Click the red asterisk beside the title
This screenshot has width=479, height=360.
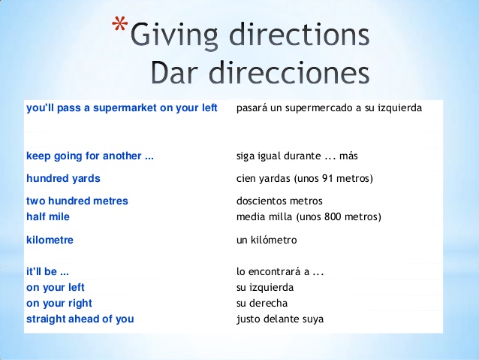point(119,23)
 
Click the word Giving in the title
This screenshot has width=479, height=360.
point(174,36)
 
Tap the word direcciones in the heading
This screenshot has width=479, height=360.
point(289,73)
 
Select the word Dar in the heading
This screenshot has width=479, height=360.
point(176,73)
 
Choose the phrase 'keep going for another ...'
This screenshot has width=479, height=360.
point(90,156)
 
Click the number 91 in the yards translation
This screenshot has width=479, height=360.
point(327,178)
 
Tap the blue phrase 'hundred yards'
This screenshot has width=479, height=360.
point(63,178)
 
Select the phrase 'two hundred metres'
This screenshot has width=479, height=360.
point(77,201)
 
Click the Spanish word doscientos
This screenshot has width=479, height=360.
point(261,201)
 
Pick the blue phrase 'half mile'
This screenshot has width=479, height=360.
point(48,217)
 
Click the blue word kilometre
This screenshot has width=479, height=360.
point(50,240)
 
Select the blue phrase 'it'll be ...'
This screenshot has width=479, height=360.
point(47,271)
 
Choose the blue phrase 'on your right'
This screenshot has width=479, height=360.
point(59,304)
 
